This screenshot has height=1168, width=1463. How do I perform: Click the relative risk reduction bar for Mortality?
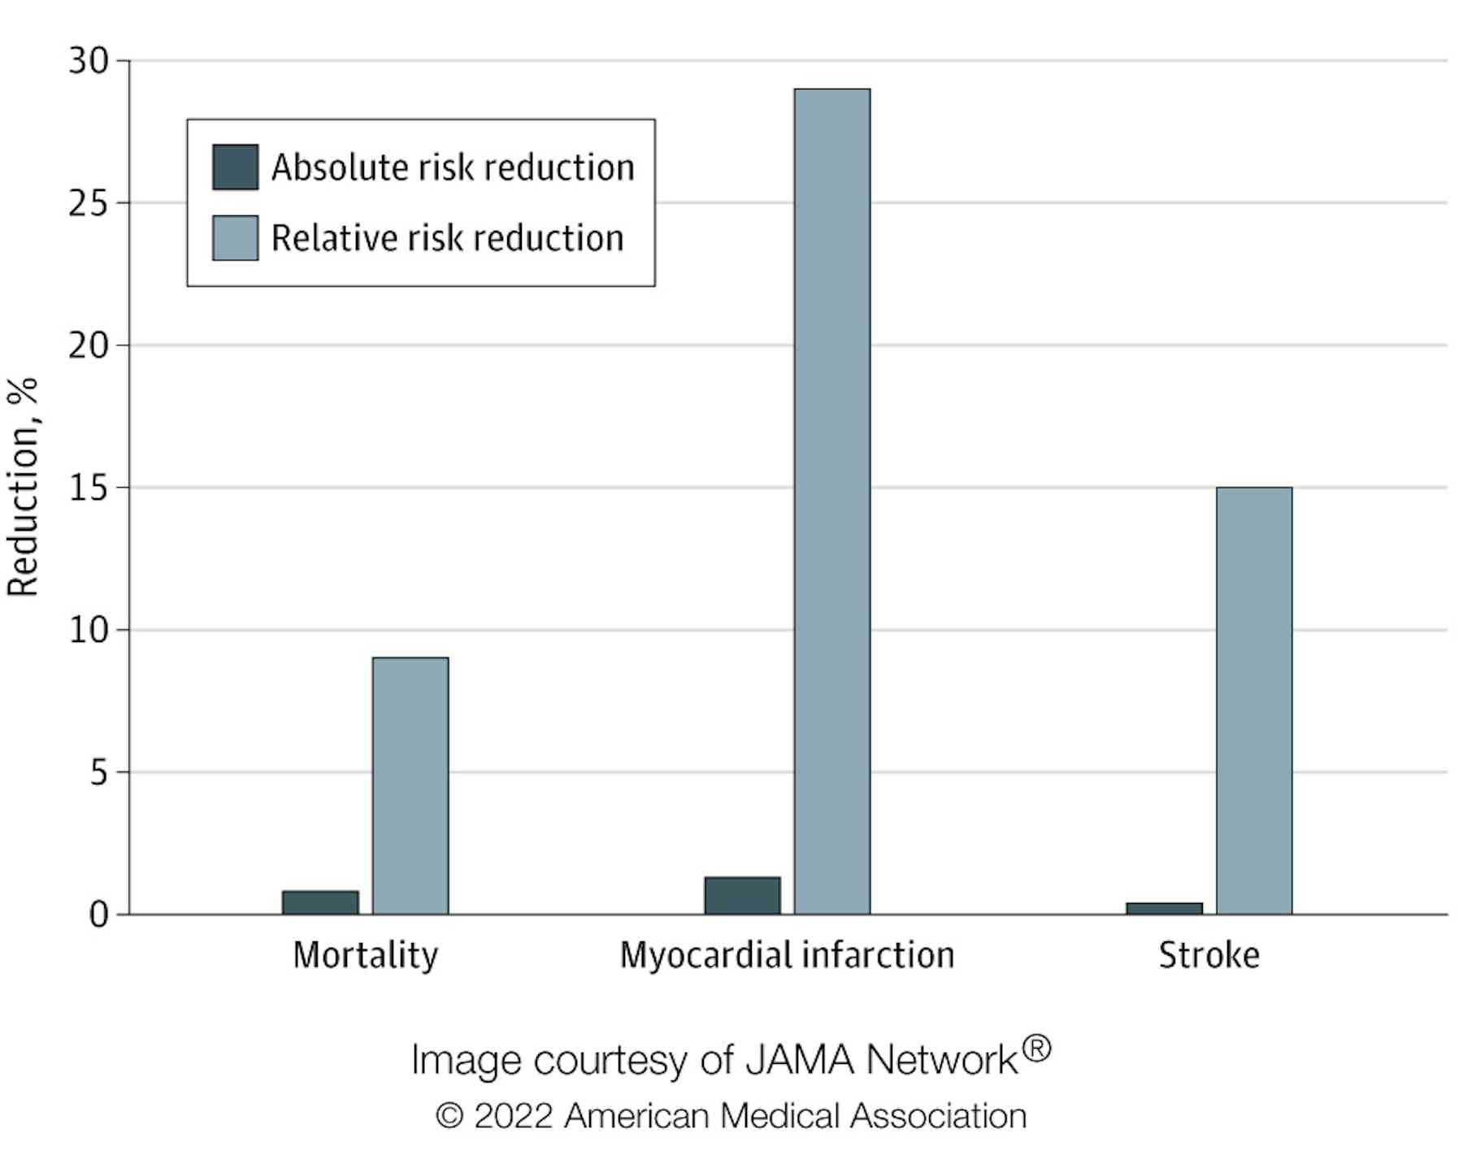pyautogui.click(x=410, y=785)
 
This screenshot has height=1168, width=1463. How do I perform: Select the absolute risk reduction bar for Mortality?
pyautogui.click(x=320, y=902)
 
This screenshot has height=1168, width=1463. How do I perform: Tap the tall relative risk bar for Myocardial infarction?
pyautogui.click(x=831, y=501)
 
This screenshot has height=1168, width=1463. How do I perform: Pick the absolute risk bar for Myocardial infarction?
pyautogui.click(x=742, y=895)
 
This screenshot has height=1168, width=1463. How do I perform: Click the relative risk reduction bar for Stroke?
pyautogui.click(x=1253, y=700)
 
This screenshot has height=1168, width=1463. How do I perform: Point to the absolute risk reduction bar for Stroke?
pyautogui.click(x=1164, y=908)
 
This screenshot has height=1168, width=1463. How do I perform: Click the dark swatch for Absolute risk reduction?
pyautogui.click(x=235, y=167)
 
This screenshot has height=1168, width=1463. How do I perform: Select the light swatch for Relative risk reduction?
pyautogui.click(x=235, y=237)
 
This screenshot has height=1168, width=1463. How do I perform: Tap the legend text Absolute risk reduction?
pyautogui.click(x=453, y=167)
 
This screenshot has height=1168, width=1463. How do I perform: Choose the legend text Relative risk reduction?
pyautogui.click(x=447, y=238)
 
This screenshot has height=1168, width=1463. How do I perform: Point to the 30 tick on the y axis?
pyautogui.click(x=89, y=61)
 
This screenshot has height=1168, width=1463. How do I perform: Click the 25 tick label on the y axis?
pyautogui.click(x=89, y=203)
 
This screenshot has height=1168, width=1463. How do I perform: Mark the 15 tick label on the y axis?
pyautogui.click(x=89, y=488)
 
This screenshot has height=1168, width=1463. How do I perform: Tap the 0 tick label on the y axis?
pyautogui.click(x=98, y=915)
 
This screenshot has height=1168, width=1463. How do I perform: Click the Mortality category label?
pyautogui.click(x=365, y=955)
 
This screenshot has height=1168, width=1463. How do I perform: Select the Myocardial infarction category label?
pyautogui.click(x=787, y=955)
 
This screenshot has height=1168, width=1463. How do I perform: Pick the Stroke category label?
pyautogui.click(x=1209, y=955)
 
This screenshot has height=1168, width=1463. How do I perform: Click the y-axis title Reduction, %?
pyautogui.click(x=23, y=488)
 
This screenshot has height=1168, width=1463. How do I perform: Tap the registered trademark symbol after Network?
pyautogui.click(x=1036, y=1049)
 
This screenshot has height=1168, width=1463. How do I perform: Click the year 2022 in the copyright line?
pyautogui.click(x=513, y=1116)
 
